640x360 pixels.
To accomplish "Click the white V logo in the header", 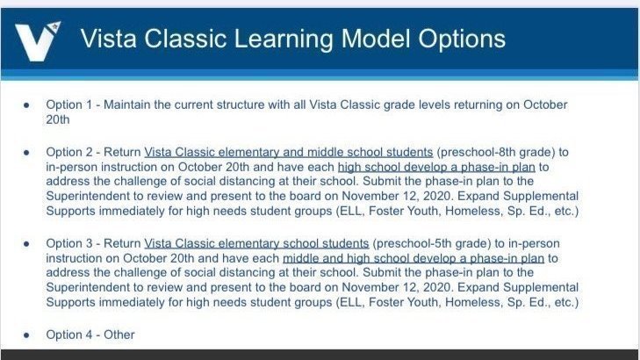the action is click(x=37, y=41).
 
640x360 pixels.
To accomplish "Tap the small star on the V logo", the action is click(x=54, y=28).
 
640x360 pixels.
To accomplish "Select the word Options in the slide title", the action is click(x=462, y=40).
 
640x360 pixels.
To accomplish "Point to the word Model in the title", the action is click(x=376, y=39).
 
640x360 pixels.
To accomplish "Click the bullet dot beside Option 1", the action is click(x=26, y=105).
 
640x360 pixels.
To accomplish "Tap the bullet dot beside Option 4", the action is click(x=26, y=335).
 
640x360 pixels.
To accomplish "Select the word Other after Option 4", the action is click(x=119, y=335).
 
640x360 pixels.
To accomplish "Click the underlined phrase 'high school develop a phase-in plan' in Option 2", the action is click(x=436, y=168).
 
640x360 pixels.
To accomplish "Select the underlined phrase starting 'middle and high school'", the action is click(x=413, y=259).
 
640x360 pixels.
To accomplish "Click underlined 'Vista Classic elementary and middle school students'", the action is click(x=289, y=152).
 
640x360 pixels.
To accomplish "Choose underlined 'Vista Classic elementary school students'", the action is click(x=256, y=244).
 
